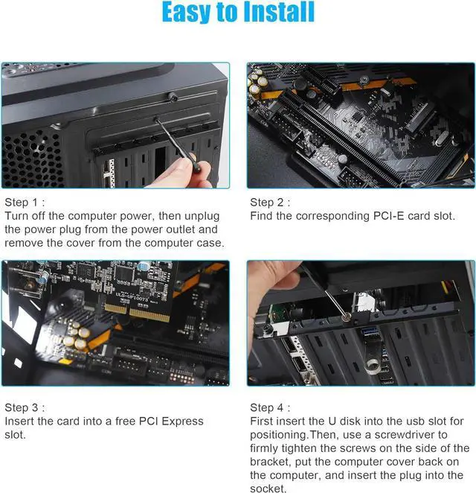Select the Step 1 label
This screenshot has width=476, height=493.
click(x=25, y=203)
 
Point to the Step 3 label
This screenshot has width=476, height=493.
click(x=25, y=407)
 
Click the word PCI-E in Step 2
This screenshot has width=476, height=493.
click(x=388, y=217)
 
